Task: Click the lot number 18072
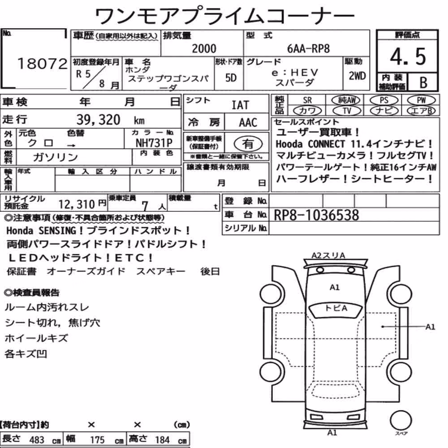point(42,63)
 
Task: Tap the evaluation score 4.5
point(408,56)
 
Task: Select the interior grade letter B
point(423,82)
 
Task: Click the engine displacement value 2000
point(204,48)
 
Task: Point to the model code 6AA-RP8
point(308,48)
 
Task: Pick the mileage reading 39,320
point(98,120)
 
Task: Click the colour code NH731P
point(154,143)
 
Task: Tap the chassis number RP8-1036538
point(316,215)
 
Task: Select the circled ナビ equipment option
point(384,111)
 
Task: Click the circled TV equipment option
point(347,111)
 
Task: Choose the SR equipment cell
point(307,100)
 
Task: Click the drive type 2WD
point(357,76)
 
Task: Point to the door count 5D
point(231,78)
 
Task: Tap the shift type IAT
point(240,105)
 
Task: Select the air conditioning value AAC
point(248,123)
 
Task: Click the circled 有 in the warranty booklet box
point(248,144)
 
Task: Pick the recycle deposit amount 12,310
point(77,204)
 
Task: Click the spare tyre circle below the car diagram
point(401,420)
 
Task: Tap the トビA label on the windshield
point(336,308)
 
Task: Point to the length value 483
point(37,439)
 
